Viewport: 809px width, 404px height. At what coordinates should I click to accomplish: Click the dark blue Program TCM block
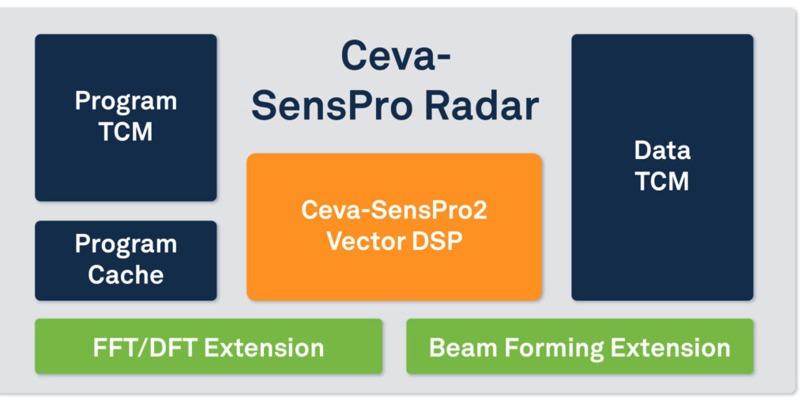tap(126, 117)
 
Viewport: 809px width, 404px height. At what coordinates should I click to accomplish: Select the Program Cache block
tap(126, 260)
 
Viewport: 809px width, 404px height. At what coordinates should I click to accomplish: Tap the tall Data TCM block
tap(662, 167)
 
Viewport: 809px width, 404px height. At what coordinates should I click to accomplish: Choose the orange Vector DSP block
tap(394, 227)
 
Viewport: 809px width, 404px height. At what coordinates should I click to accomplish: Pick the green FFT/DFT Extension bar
tap(209, 346)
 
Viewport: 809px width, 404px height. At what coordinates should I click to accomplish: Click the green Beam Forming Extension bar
tap(580, 346)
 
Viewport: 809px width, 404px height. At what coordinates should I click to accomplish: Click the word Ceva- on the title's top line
tap(396, 56)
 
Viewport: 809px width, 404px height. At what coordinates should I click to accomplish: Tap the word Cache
tap(126, 275)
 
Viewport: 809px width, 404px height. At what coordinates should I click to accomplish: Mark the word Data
tap(662, 150)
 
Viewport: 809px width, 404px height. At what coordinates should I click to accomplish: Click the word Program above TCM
tap(126, 101)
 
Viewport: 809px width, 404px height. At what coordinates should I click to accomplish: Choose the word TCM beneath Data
tap(662, 182)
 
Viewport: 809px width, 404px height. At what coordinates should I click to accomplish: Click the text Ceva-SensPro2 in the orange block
tap(394, 211)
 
